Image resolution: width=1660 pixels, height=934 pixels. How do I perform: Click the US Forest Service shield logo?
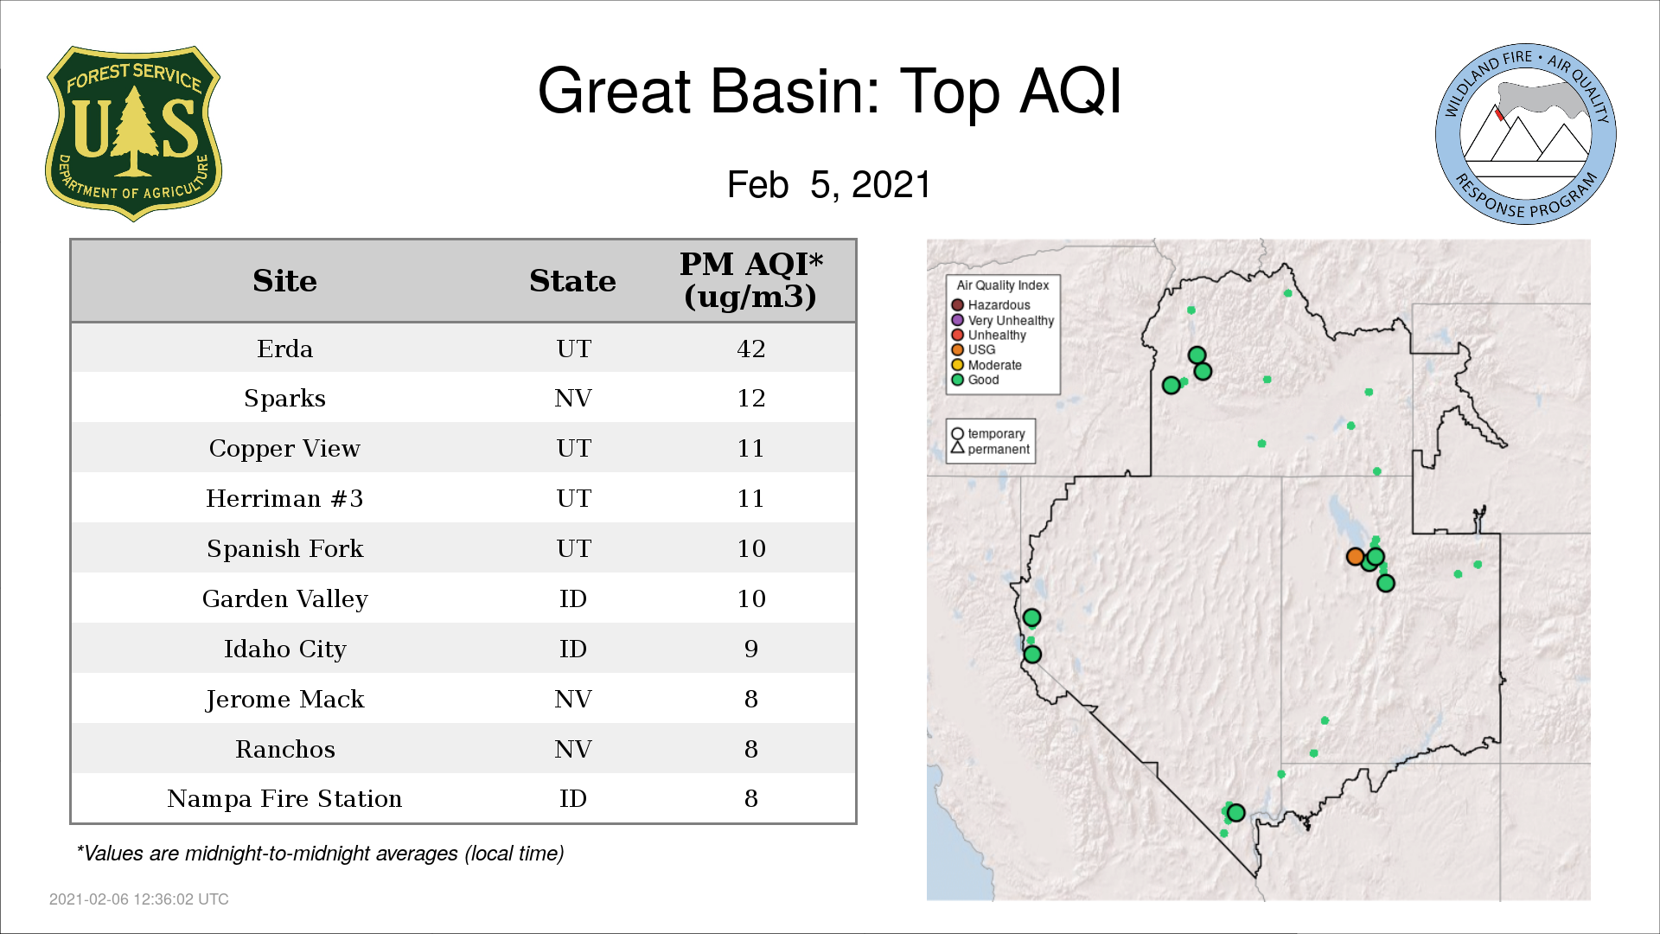[x=133, y=134]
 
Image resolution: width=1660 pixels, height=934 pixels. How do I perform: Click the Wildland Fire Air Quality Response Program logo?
[x=1526, y=134]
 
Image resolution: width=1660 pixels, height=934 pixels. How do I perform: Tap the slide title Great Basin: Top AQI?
[x=829, y=91]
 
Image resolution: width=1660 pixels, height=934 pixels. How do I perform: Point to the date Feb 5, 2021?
[x=828, y=184]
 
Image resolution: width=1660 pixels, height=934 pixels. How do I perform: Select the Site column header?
[x=284, y=281]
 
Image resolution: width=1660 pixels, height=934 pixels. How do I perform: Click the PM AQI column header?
[x=750, y=280]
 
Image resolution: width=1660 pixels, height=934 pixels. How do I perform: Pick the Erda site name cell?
[x=284, y=349]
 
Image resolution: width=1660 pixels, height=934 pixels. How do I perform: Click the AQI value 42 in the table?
[x=750, y=349]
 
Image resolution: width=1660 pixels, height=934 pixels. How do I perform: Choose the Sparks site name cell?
[x=284, y=398]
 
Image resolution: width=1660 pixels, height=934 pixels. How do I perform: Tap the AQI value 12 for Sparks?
[x=750, y=398]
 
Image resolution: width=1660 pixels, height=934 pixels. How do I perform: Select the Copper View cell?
[x=284, y=448]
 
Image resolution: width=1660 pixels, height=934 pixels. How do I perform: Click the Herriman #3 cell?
[x=284, y=498]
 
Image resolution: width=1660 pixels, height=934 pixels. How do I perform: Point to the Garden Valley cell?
[x=284, y=598]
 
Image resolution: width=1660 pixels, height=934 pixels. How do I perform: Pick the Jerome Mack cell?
[x=284, y=699]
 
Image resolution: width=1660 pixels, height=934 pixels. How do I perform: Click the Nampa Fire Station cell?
[x=284, y=798]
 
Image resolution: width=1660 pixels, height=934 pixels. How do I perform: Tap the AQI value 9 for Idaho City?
[x=750, y=649]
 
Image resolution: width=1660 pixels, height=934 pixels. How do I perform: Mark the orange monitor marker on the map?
[x=1355, y=557]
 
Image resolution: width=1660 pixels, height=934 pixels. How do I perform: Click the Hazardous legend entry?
[x=991, y=305]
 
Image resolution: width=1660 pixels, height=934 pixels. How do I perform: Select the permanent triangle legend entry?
[x=991, y=449]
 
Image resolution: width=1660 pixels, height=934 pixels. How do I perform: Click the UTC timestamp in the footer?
[x=138, y=899]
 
